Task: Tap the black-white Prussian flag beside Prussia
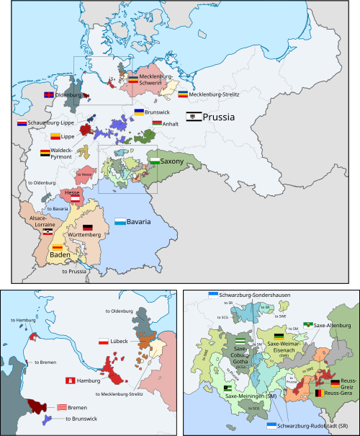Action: pyautogui.click(x=193, y=116)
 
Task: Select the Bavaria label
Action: pyautogui.click(x=138, y=222)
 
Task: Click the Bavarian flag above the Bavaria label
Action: pyautogui.click(x=120, y=221)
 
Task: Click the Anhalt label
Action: pyautogui.click(x=171, y=123)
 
